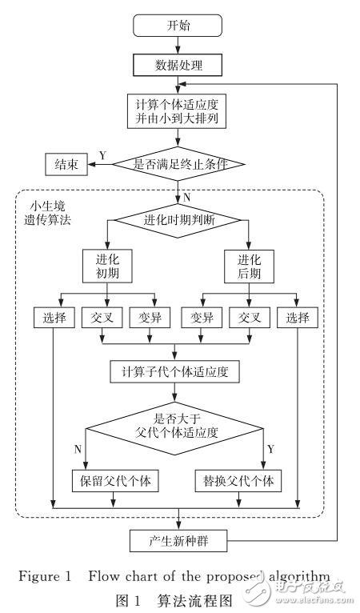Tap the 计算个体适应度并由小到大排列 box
pos(179,110)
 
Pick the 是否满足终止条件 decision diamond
pos(179,166)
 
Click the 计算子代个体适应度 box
pos(179,371)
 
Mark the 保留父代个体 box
pos(117,483)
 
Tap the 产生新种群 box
pos(179,543)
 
